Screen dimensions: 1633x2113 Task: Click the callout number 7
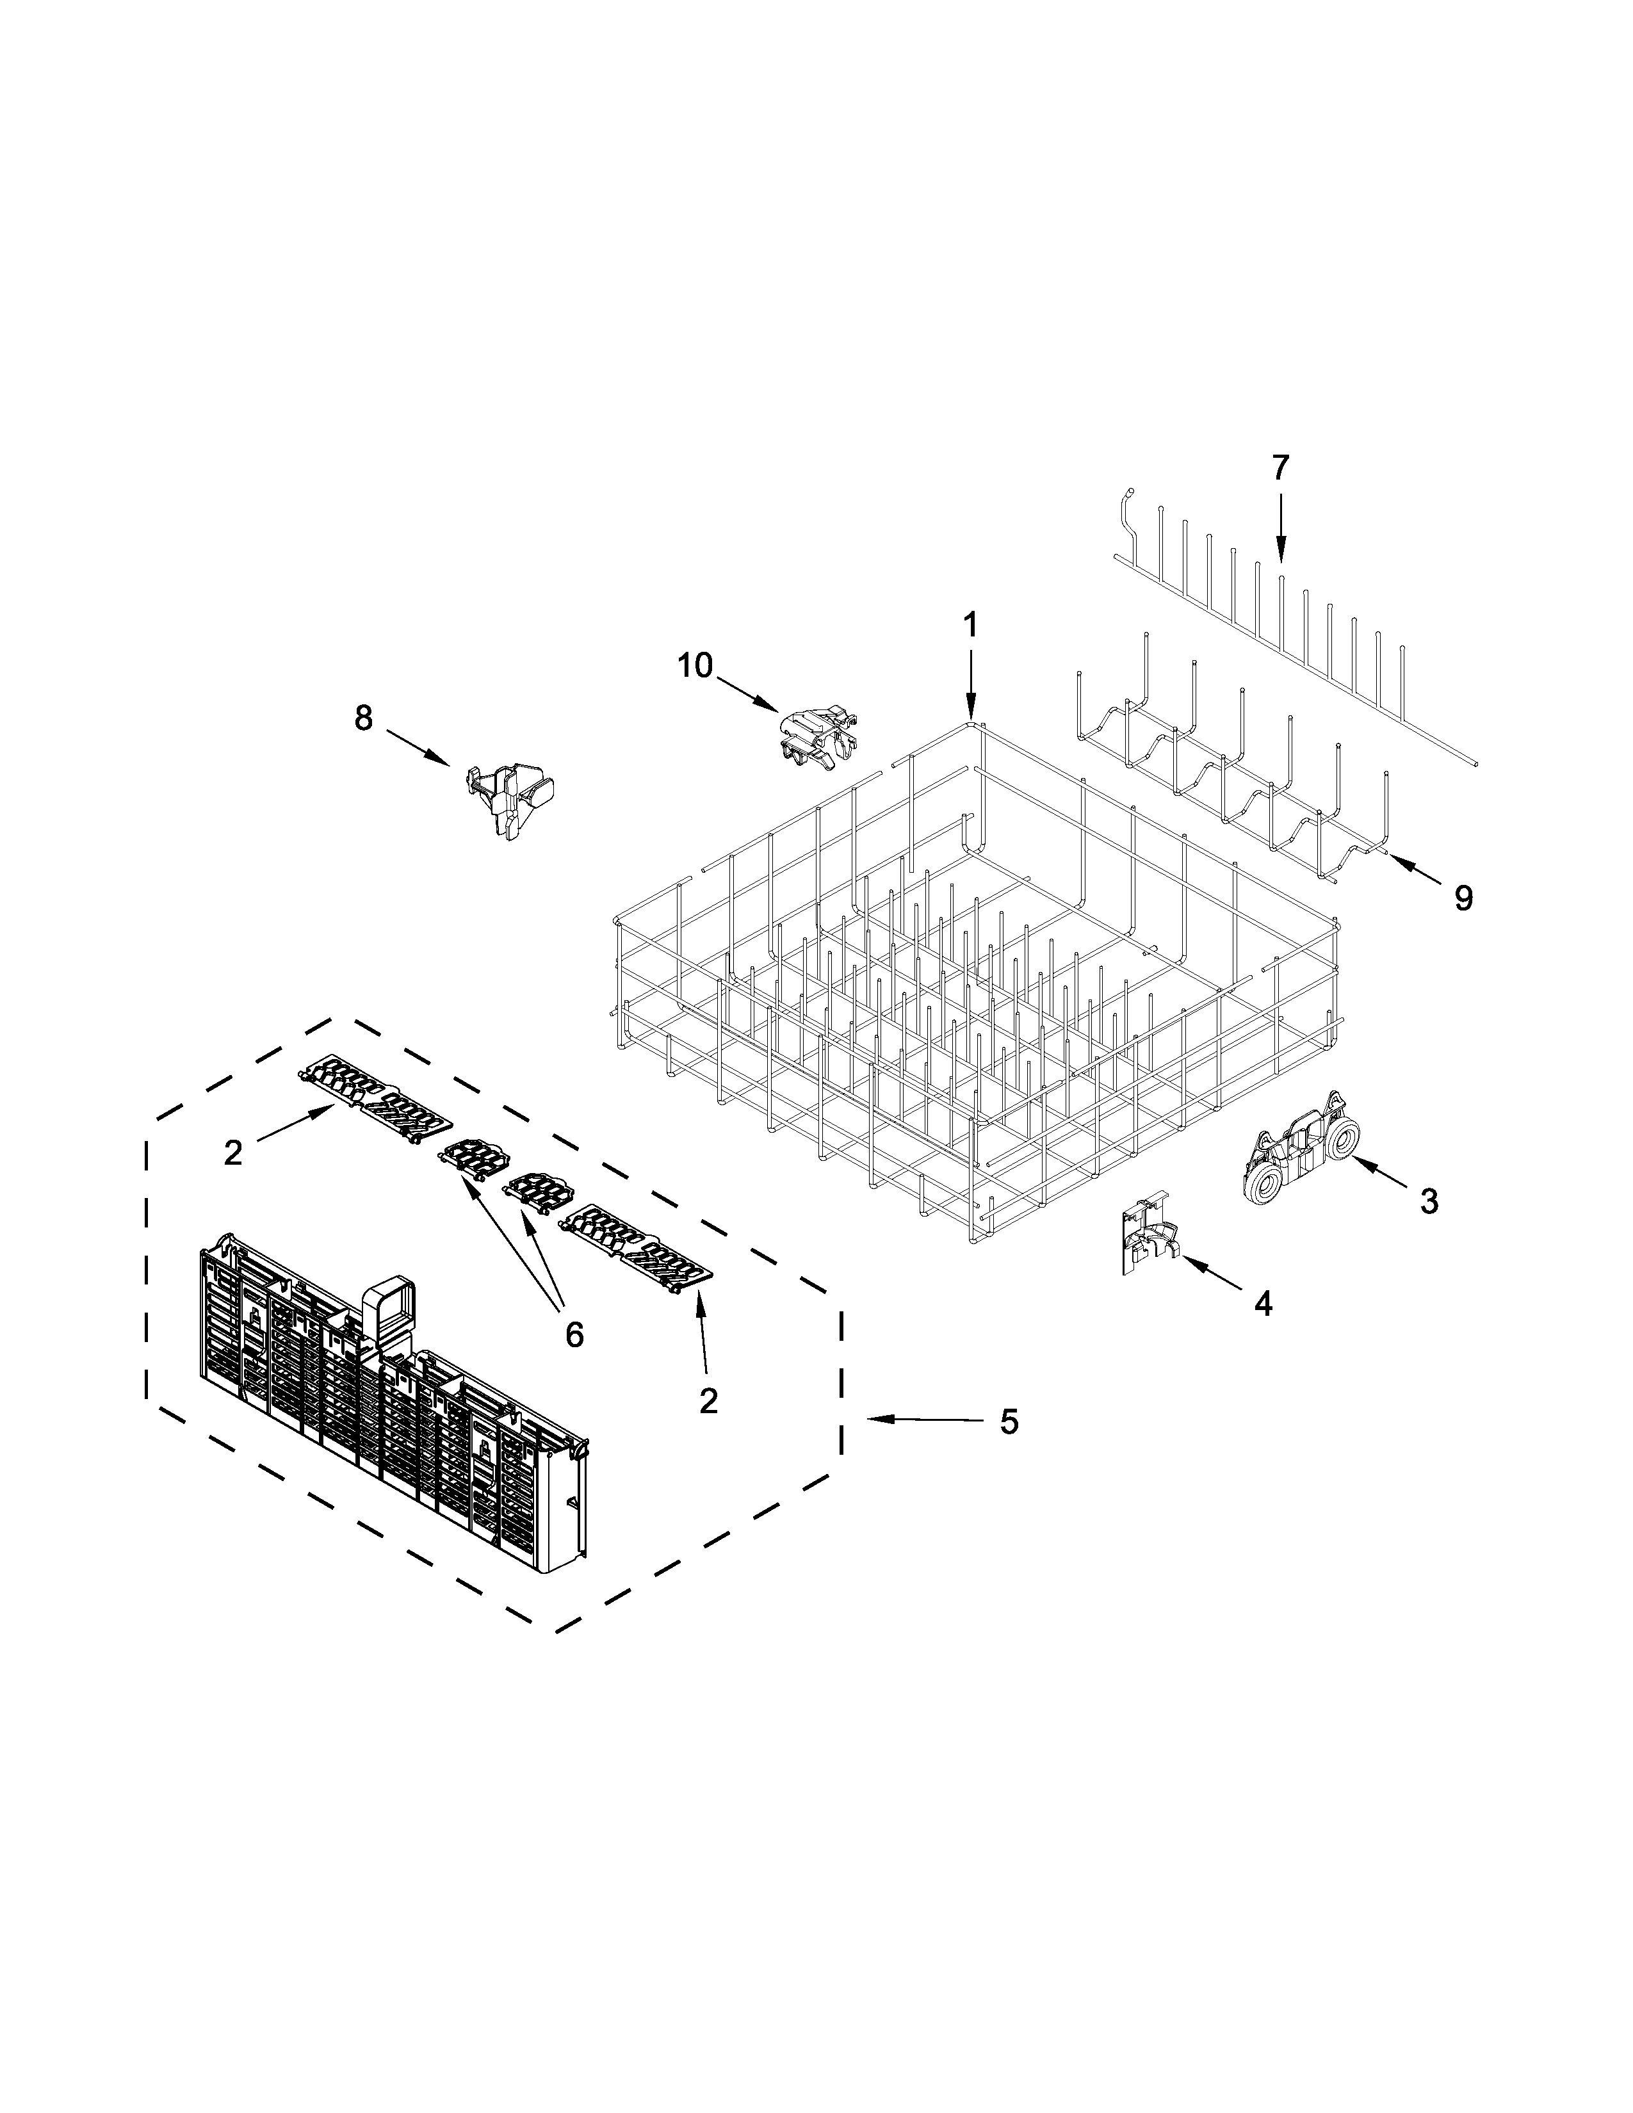tap(1280, 468)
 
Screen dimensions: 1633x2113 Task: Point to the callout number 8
tap(362, 718)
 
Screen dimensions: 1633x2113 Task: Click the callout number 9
tap(1464, 899)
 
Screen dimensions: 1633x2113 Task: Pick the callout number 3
tap(1429, 1202)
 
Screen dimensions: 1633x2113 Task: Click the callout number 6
tap(574, 1335)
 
